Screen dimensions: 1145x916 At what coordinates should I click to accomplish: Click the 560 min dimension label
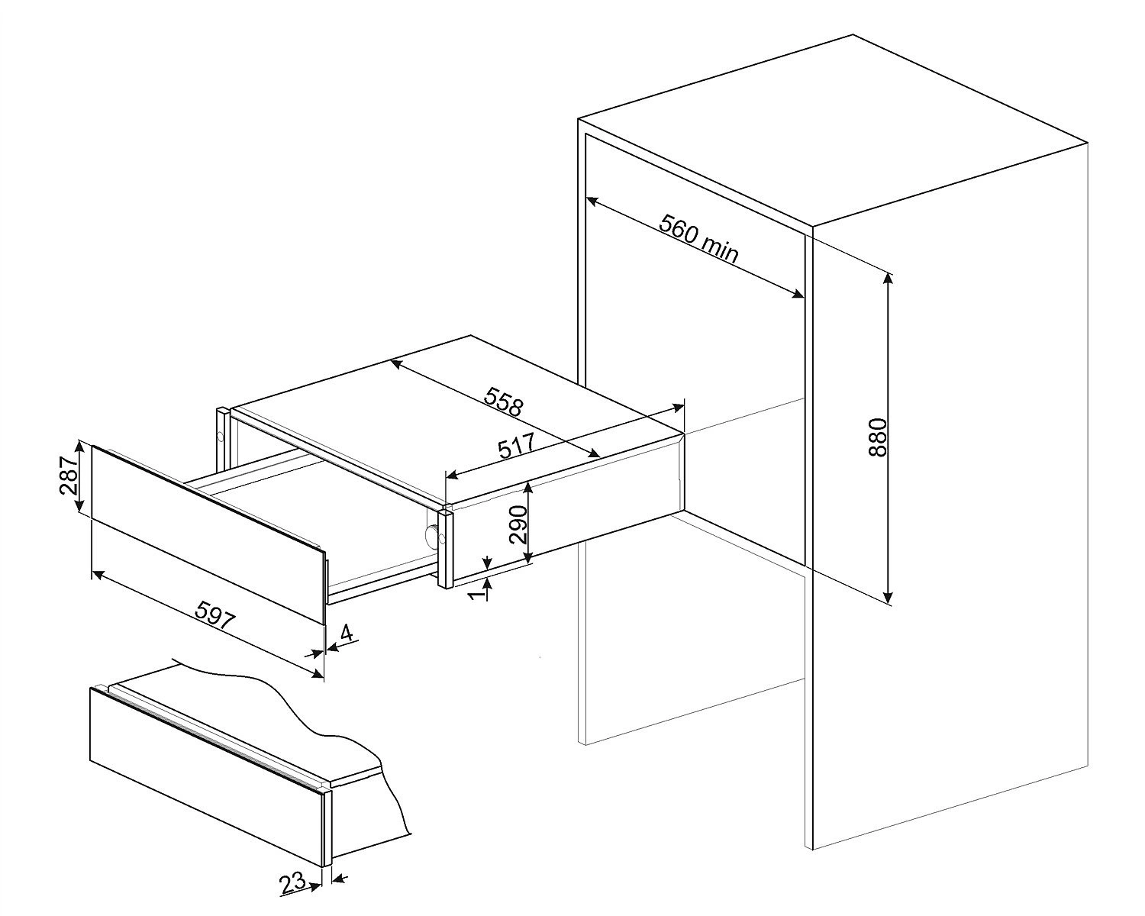[698, 238]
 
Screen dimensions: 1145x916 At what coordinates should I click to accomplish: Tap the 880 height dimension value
[878, 437]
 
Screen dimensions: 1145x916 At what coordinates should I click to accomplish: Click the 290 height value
[518, 524]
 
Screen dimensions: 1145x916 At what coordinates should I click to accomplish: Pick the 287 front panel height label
[69, 476]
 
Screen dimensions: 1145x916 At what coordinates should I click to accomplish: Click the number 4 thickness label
[346, 633]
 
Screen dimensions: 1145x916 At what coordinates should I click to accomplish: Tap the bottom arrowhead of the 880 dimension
[887, 598]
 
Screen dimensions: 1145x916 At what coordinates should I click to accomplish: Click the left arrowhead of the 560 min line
[592, 201]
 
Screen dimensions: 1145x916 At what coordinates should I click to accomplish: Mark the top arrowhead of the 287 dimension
[80, 448]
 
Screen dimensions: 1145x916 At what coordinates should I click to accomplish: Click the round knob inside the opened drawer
[433, 534]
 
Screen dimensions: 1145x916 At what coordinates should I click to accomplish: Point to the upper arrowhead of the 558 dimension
[397, 363]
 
